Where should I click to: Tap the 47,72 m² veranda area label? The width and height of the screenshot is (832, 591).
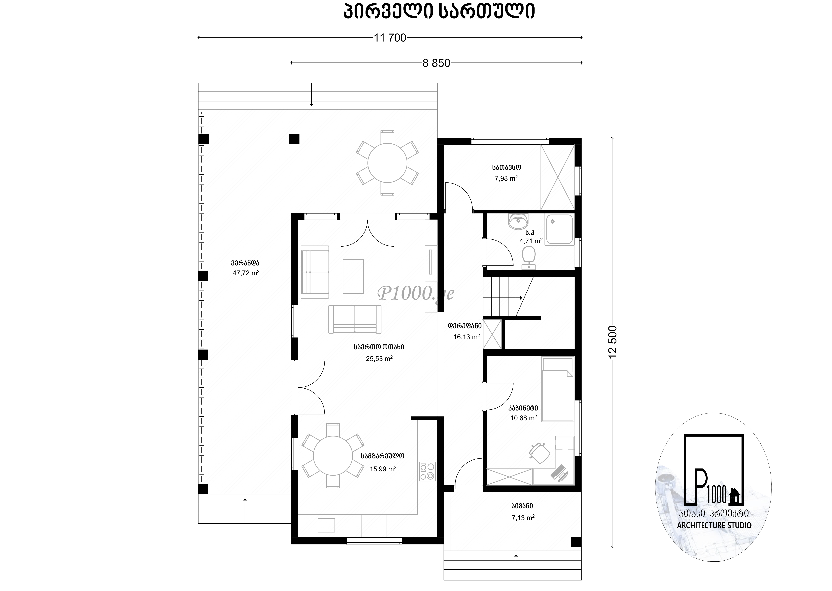coord(246,273)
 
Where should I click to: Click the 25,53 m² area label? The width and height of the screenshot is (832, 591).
coord(379,358)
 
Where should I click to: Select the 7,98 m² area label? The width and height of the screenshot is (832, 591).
coord(506,178)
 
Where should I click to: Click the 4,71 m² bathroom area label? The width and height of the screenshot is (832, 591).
coord(531,241)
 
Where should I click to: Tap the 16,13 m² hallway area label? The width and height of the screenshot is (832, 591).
coord(466,337)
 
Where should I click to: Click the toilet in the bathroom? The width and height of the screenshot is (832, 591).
coord(529,258)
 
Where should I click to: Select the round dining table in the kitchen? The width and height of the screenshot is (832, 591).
coord(333,456)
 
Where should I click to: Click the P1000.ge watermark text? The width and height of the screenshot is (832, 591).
coord(416,293)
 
